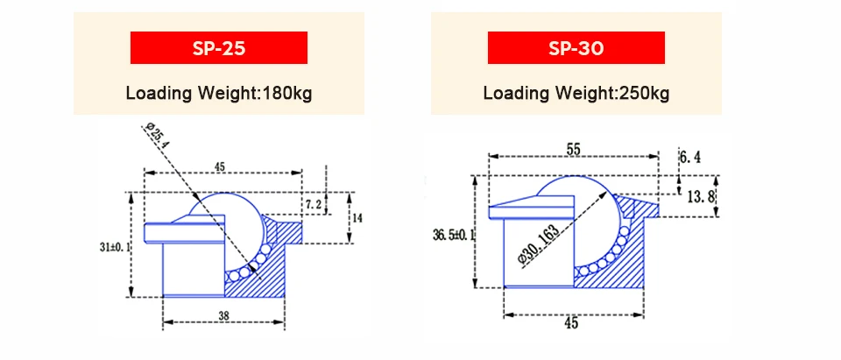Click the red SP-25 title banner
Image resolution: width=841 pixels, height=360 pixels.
pos(219,48)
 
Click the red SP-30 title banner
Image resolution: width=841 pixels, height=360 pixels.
pos(576,48)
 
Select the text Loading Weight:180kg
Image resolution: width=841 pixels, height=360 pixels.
pos(219,93)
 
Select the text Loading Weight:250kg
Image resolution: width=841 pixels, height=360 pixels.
pos(576,93)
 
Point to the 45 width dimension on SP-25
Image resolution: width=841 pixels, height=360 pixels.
pos(219,166)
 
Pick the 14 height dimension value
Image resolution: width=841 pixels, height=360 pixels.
pos(357,219)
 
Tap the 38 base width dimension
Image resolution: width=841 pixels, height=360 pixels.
pos(223,316)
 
